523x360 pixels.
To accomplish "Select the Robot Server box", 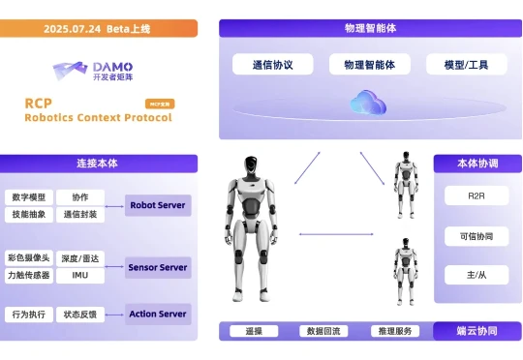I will coord(158,205).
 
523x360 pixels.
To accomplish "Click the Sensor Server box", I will coord(158,266).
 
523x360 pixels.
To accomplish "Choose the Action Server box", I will coord(158,314).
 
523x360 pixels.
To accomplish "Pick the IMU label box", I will coord(80,276).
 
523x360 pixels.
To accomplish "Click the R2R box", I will coord(477,195).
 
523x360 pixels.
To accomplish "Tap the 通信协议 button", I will coord(272,65).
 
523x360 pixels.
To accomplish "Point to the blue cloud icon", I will coord(369,101).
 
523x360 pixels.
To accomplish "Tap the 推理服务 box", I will coord(395,332).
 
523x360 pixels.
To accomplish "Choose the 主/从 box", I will coord(477,276).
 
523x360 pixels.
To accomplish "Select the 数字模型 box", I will coord(29,197).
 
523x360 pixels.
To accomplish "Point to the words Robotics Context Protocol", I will coord(98,118).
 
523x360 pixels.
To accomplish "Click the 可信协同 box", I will coord(477,235).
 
